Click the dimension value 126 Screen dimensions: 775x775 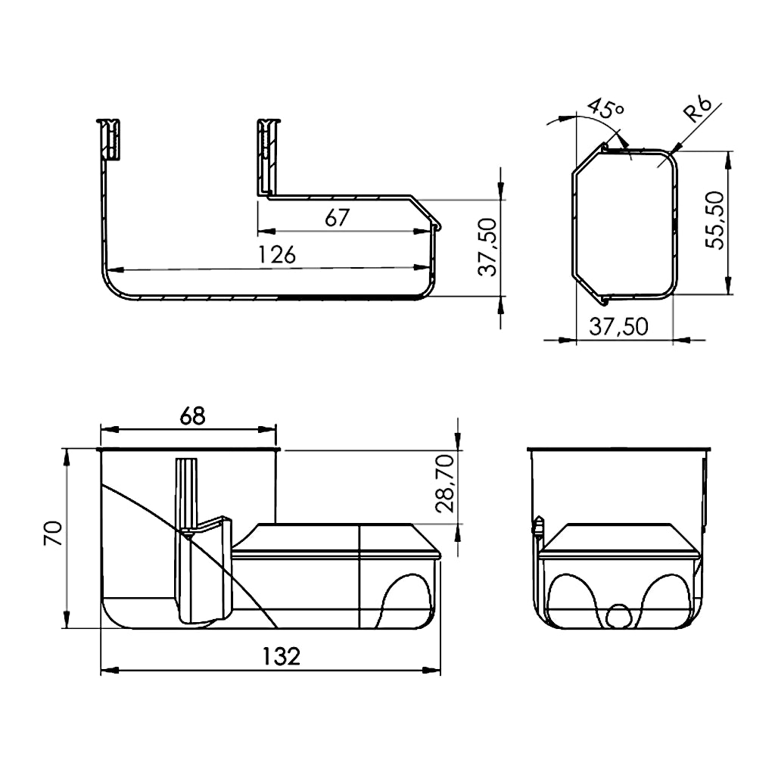pyautogui.click(x=277, y=254)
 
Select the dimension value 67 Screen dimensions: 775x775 pyautogui.click(x=337, y=217)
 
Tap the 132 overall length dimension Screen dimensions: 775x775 pyautogui.click(x=281, y=656)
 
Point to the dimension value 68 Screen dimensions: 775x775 pyautogui.click(x=192, y=416)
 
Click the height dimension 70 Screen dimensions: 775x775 pyautogui.click(x=54, y=533)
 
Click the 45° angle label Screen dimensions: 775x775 pyautogui.click(x=606, y=109)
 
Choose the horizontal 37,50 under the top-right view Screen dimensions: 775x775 pyautogui.click(x=618, y=327)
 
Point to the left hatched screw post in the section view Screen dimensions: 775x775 pyautogui.click(x=109, y=139)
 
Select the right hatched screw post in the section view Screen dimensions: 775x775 pyautogui.click(x=269, y=156)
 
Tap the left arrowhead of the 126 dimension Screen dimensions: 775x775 pyautogui.click(x=115, y=270)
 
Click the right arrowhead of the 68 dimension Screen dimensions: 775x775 pyautogui.click(x=267, y=430)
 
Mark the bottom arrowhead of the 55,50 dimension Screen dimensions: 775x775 pyautogui.click(x=727, y=285)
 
